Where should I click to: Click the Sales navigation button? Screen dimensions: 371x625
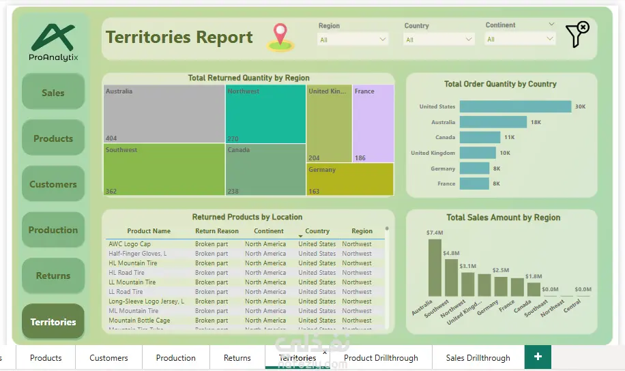pyautogui.click(x=53, y=92)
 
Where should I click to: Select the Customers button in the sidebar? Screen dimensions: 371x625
pyautogui.click(x=53, y=184)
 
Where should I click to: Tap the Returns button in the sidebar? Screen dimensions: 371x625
pyautogui.click(x=53, y=276)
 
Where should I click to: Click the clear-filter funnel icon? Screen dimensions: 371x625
pyautogui.click(x=577, y=34)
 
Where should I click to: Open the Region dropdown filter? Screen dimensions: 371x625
pyautogui.click(x=353, y=40)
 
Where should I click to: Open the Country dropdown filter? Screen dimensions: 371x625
pyautogui.click(x=439, y=40)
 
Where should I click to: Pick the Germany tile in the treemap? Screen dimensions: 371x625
pyautogui.click(x=350, y=179)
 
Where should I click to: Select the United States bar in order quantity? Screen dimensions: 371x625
pyautogui.click(x=515, y=106)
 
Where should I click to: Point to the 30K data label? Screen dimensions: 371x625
pyautogui.click(x=580, y=106)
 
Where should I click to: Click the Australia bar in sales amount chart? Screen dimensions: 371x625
pyautogui.click(x=435, y=267)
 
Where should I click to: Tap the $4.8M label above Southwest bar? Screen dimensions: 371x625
pyautogui.click(x=451, y=253)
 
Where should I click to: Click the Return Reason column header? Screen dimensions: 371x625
pyautogui.click(x=217, y=231)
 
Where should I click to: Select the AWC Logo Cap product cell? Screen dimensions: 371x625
pyautogui.click(x=130, y=244)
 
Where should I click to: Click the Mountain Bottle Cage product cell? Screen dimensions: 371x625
pyautogui.click(x=139, y=321)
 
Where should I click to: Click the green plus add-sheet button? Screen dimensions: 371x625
pyautogui.click(x=538, y=357)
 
